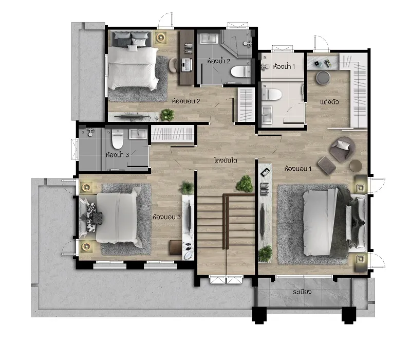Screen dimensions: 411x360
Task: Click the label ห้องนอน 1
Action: (298, 169)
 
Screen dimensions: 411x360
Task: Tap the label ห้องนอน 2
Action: (186, 101)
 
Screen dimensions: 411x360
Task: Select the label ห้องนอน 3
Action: (166, 217)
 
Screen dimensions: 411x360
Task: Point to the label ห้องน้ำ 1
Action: (284, 66)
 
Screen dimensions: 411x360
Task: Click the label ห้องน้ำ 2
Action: (219, 61)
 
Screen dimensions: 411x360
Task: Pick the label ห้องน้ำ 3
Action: (118, 155)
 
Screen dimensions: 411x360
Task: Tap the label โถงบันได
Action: (226, 160)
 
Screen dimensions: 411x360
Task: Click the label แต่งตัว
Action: (329, 102)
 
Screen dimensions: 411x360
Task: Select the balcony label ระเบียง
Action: (302, 292)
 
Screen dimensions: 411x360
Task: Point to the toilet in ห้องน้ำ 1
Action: (272, 94)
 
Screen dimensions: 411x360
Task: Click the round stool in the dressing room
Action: (323, 78)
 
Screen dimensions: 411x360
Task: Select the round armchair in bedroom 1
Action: (342, 149)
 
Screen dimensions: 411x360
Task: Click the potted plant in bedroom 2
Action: (167, 115)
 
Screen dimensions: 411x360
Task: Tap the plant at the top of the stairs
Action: (245, 184)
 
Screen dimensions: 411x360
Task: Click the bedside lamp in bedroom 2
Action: (160, 38)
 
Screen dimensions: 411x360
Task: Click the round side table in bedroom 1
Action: (356, 166)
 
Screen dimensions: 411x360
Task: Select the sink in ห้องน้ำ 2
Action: (209, 39)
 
